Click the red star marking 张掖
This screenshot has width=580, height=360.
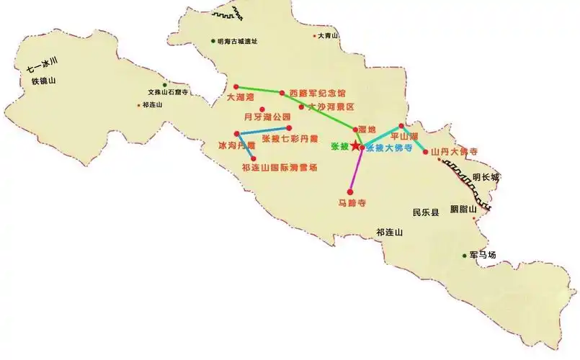click(x=355, y=145)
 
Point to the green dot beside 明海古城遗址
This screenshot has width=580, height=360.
click(x=213, y=41)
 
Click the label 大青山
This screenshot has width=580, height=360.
click(x=329, y=35)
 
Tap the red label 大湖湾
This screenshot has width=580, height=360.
click(x=241, y=96)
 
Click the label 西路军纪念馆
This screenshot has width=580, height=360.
click(x=317, y=93)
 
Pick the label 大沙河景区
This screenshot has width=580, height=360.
click(x=331, y=107)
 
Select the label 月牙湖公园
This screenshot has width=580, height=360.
click(x=267, y=117)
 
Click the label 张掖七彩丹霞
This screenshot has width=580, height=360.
click(x=289, y=138)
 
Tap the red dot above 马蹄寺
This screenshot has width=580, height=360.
click(x=350, y=192)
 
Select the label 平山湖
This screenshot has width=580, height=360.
click(x=403, y=135)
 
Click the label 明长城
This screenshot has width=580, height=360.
click(x=486, y=176)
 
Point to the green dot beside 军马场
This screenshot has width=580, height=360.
click(x=464, y=256)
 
